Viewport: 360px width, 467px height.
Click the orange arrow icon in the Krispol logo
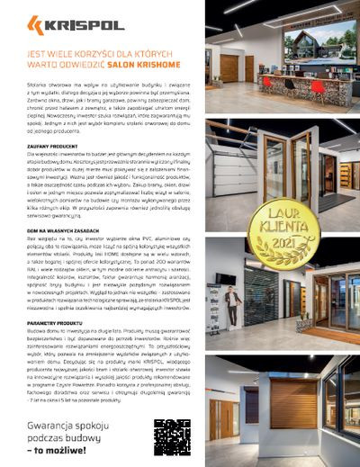(x=35, y=23)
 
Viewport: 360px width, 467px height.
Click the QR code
(x=170, y=438)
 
